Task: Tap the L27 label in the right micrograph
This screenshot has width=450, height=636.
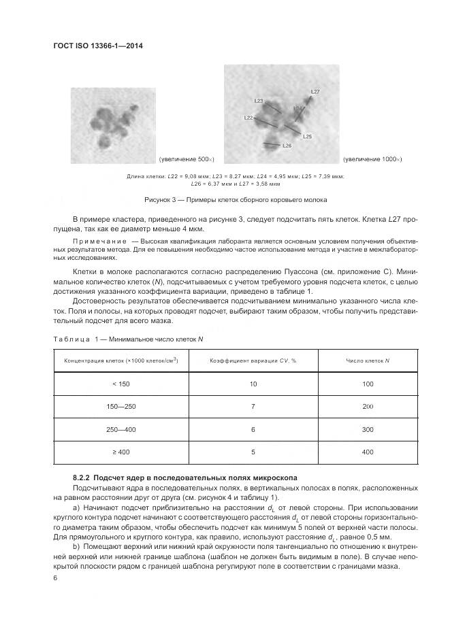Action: (x=315, y=91)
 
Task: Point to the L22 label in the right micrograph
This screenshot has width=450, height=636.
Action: (x=248, y=118)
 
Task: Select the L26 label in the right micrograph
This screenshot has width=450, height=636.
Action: (x=287, y=146)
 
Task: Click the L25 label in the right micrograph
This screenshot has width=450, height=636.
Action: (x=307, y=137)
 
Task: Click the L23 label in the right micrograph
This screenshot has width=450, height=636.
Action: (x=259, y=101)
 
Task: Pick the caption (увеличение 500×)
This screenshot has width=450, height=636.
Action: (x=187, y=159)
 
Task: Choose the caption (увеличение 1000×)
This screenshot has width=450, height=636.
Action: (x=372, y=159)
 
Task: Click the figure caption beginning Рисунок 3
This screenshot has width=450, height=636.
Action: (x=236, y=200)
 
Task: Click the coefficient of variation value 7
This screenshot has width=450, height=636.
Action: (x=253, y=406)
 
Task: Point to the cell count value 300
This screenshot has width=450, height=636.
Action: (x=368, y=429)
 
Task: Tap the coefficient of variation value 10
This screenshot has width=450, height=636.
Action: (x=253, y=385)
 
